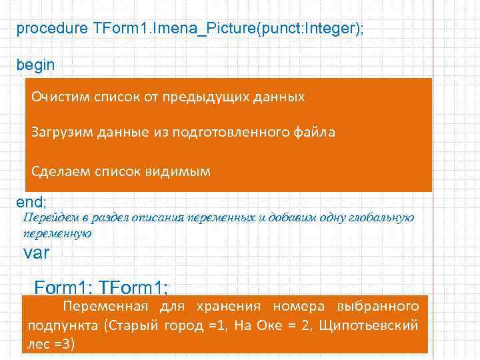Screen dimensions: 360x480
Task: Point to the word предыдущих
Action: pyautogui.click(x=209, y=97)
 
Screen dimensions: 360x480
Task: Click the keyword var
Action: pyautogui.click(x=37, y=254)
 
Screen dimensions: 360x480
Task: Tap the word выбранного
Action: pyautogui.click(x=378, y=307)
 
